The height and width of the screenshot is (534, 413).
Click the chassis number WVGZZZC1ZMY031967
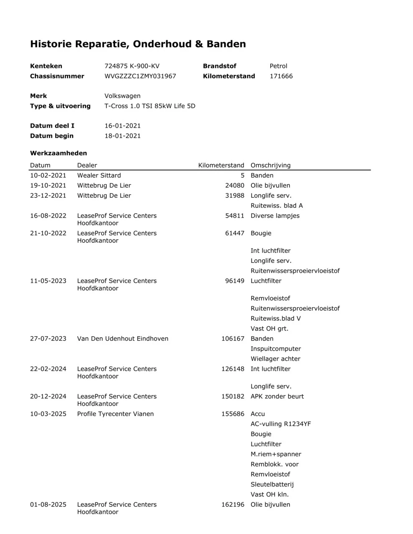coord(140,76)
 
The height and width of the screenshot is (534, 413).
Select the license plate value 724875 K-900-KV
coord(132,66)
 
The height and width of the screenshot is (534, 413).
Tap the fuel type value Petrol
coord(278,66)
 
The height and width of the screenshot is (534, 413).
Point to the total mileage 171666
coord(281,76)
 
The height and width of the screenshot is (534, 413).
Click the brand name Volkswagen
coord(122,96)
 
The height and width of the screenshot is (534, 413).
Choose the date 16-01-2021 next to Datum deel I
coord(122,126)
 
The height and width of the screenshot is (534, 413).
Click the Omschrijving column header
coord(270,165)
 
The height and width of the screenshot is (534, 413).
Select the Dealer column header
coord(87,165)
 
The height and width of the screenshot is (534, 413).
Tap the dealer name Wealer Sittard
coord(99,175)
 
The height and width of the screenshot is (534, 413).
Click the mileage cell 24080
coord(235,185)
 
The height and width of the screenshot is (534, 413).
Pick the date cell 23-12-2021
coord(48,195)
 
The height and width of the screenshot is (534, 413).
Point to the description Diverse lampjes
coord(275,216)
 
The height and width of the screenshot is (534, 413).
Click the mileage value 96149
coord(235,281)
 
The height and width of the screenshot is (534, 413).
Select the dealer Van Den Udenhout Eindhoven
coord(123,338)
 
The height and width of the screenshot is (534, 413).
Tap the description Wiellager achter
coord(275,359)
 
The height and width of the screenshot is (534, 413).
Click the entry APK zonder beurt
coord(277,396)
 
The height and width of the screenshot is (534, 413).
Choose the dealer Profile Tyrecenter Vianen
coord(115,414)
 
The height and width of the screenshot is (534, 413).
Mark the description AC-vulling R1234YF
coord(281,424)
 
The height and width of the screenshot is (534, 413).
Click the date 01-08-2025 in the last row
coord(48,504)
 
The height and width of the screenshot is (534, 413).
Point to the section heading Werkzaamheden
coord(58,153)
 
